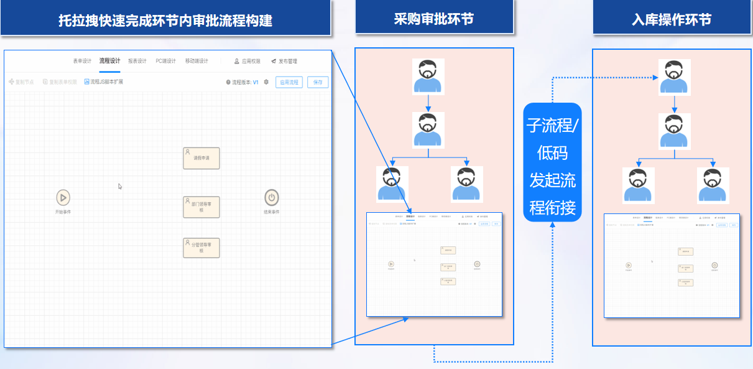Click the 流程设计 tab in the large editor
[x=110, y=61]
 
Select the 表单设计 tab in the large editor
[x=82, y=61]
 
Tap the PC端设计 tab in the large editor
[x=166, y=61]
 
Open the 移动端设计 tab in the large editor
[x=196, y=61]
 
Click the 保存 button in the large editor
[x=318, y=82]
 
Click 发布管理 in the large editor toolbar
[x=284, y=62]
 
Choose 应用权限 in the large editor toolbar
[x=247, y=62]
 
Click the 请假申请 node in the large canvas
[x=201, y=158]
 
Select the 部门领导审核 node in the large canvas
[x=201, y=207]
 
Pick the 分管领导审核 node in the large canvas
[x=201, y=248]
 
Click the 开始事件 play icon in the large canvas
[x=63, y=198]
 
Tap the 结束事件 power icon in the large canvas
[x=271, y=198]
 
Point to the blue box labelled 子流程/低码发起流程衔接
[x=552, y=162]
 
